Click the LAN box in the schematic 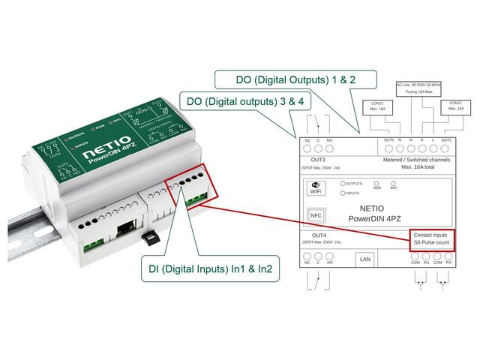coord(365,259)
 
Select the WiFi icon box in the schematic coord(315,188)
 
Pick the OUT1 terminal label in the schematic coord(388,140)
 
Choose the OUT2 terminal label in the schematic coord(446,140)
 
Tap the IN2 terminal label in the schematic coord(448,262)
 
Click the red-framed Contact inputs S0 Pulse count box coord(431,238)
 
